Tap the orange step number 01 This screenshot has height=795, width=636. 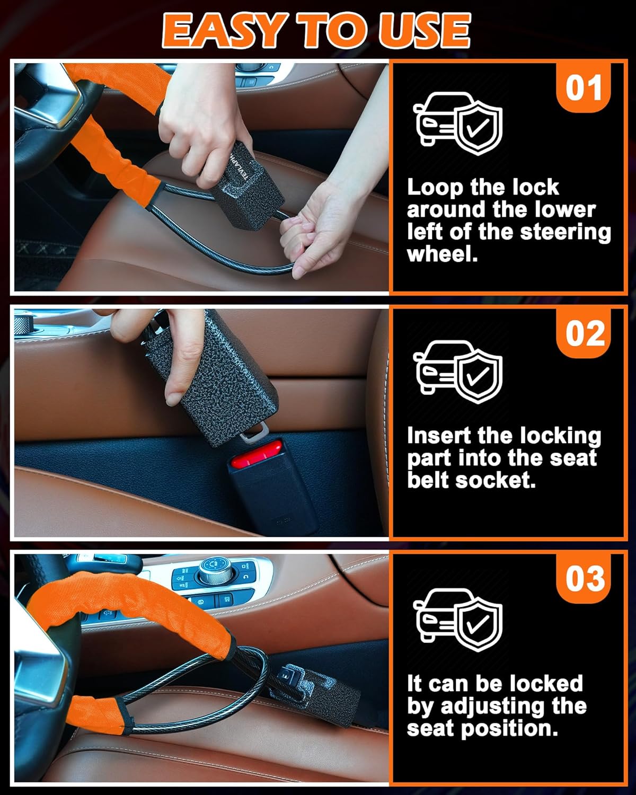click(x=583, y=87)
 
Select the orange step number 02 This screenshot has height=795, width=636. click(x=583, y=333)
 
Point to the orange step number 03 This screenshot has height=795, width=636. click(x=583, y=579)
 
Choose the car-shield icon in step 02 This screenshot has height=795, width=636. click(x=457, y=372)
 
